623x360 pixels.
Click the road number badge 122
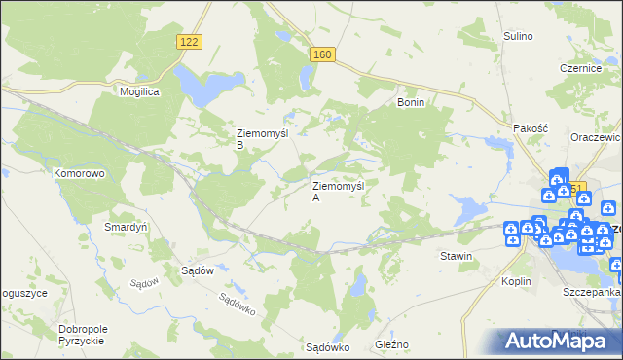pos(190,40)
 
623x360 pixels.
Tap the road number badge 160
pos(323,54)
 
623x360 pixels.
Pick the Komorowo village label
pos(79,173)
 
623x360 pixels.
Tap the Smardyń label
pos(125,227)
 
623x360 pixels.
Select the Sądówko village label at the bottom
pos(327,346)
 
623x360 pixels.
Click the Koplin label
pos(517,280)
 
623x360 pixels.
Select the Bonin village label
pos(410,101)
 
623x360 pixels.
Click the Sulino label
pos(518,36)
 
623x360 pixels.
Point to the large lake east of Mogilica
pos(200,86)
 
